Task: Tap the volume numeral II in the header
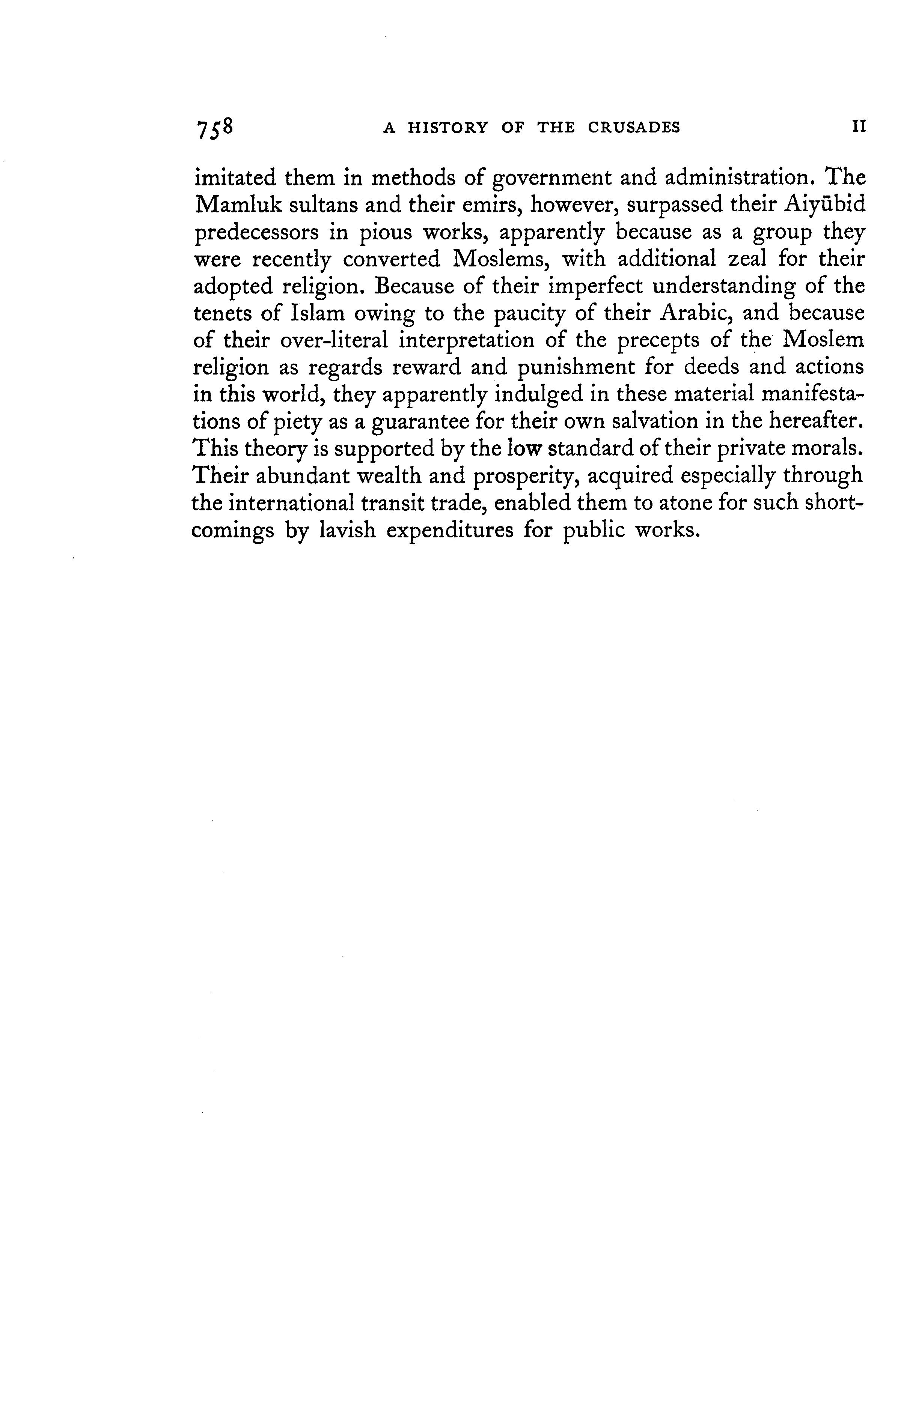(858, 127)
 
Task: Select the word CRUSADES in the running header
(633, 128)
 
